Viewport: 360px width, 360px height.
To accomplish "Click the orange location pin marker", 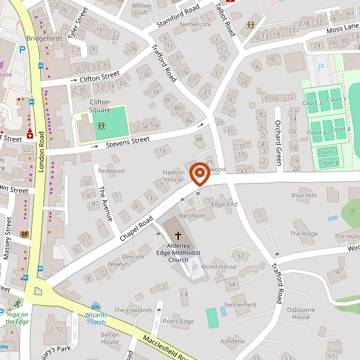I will [199, 175].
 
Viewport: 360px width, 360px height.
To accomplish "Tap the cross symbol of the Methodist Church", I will [178, 236].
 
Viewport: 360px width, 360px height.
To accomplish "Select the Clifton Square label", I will [100, 106].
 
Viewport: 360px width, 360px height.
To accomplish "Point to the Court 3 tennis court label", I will [312, 103].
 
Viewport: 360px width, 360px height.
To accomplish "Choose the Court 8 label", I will [329, 163].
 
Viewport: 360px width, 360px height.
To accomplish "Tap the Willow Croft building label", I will [142, 9].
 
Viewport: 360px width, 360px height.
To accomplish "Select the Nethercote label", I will [196, 25].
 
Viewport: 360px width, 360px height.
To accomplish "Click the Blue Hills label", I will [304, 196].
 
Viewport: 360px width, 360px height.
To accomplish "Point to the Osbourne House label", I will [301, 313].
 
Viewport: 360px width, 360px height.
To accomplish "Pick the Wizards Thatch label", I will [96, 318].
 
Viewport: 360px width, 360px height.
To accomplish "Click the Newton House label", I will [173, 176].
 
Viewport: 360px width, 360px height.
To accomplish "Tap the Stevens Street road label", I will [128, 140].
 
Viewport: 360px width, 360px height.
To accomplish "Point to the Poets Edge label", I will [178, 322].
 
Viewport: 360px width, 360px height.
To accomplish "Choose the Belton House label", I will [110, 338].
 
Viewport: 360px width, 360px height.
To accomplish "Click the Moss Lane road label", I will [343, 29].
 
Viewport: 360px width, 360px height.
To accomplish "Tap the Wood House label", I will [218, 266].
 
